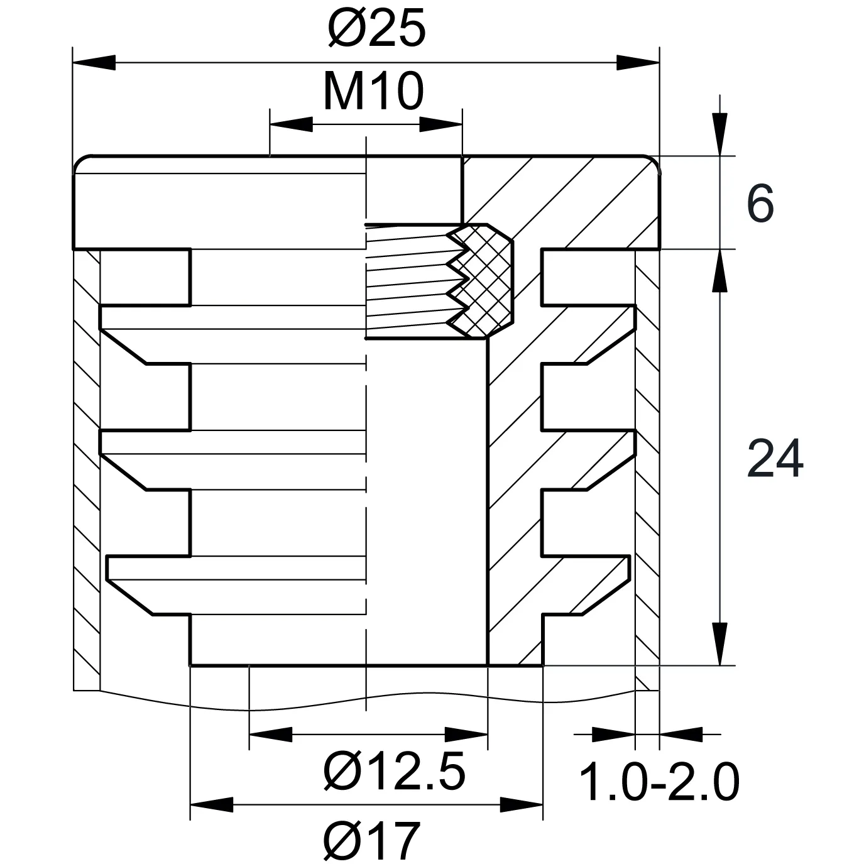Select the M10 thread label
[373, 92]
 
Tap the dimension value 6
[761, 203]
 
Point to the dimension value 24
[775, 459]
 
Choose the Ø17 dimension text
[372, 839]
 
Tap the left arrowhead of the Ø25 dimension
[94, 63]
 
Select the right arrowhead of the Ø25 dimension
[638, 63]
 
